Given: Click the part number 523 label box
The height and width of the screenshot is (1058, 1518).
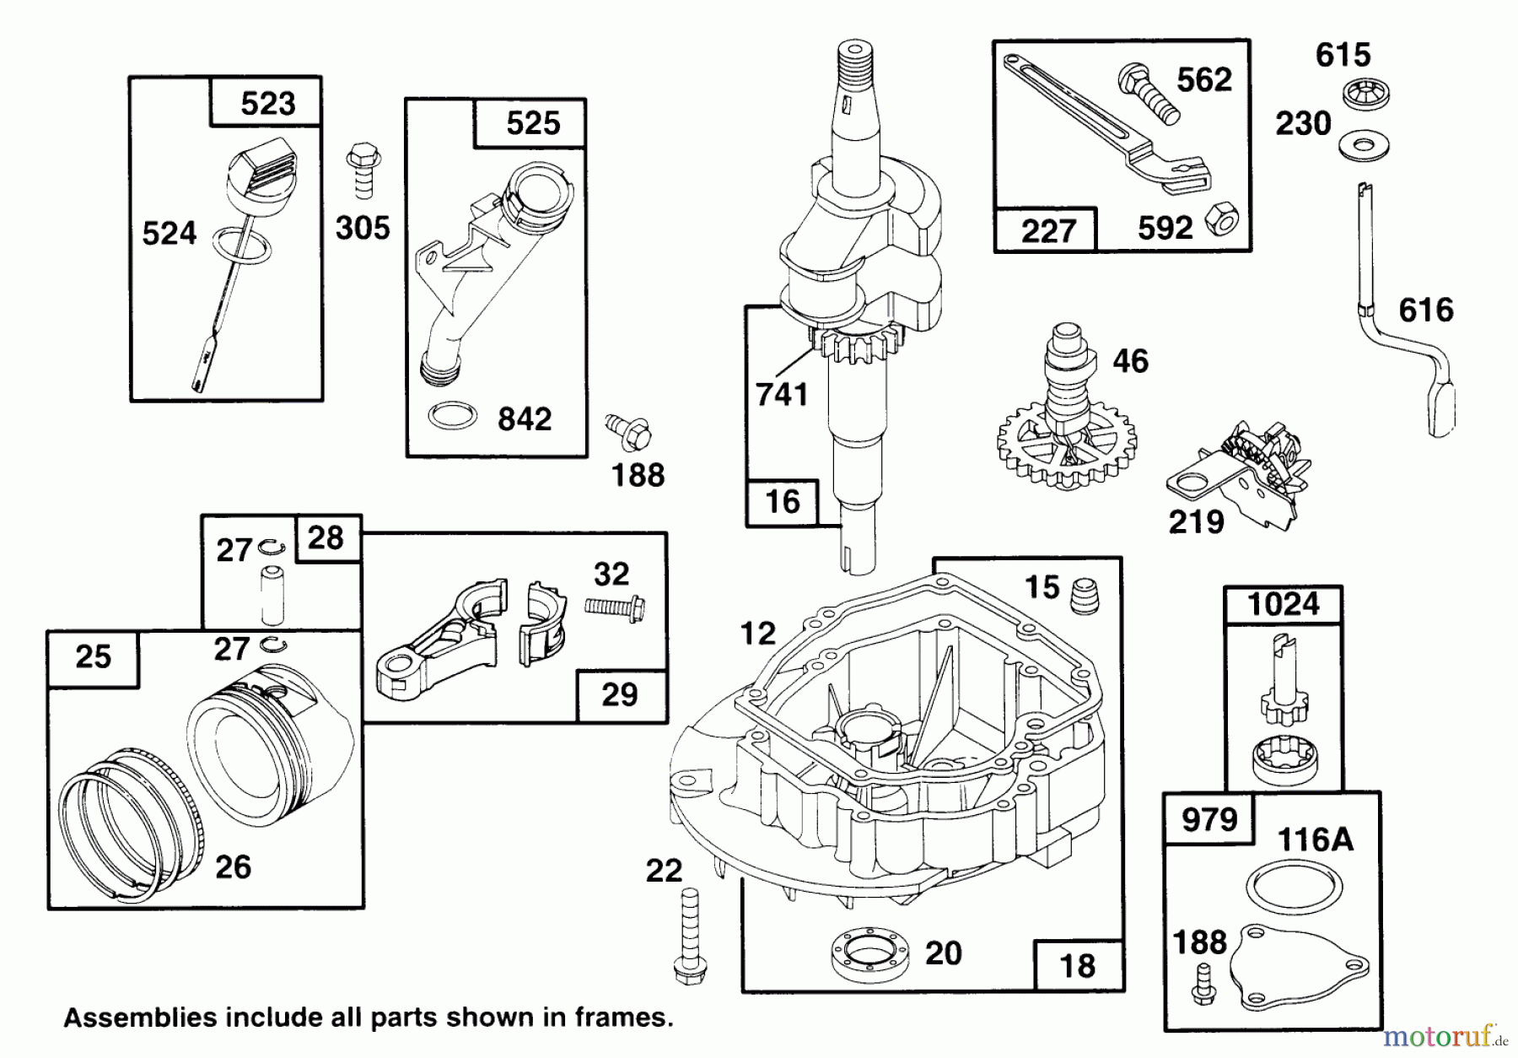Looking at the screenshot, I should coord(266,103).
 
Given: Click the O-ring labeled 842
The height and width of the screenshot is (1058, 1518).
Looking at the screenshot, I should coord(452,415).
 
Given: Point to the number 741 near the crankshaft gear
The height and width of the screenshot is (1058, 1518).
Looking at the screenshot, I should coord(782,395).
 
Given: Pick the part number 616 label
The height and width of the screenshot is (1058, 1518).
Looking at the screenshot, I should coord(1425,310).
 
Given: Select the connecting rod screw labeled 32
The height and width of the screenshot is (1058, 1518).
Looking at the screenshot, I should coord(614,607).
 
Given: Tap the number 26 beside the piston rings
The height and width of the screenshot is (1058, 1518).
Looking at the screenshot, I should coord(233,866).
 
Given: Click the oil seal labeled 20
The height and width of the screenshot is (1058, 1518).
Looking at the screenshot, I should coord(871,956).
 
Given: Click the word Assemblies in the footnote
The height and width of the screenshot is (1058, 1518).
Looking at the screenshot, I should coord(126,1018).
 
